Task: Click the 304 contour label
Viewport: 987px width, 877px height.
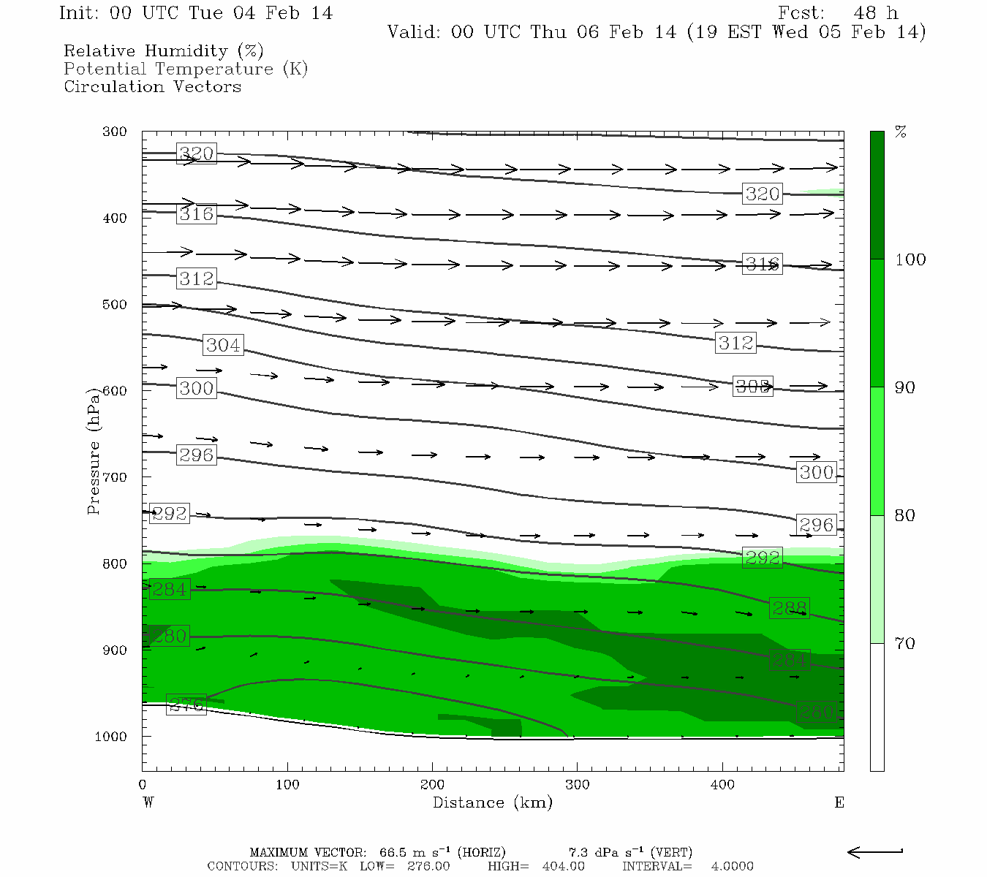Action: [x=223, y=345]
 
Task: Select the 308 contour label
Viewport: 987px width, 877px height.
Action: [x=752, y=387]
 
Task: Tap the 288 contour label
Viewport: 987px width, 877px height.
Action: [x=790, y=608]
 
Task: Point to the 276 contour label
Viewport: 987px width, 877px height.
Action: [x=186, y=705]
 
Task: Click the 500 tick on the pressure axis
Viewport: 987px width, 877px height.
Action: [x=115, y=305]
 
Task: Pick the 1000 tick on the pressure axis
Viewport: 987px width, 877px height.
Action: [x=111, y=737]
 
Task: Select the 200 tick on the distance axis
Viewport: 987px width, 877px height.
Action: [x=432, y=785]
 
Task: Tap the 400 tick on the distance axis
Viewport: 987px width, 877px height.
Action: [x=722, y=785]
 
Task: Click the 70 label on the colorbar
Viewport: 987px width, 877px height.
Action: [x=905, y=644]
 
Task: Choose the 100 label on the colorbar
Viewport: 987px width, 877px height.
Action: [x=910, y=260]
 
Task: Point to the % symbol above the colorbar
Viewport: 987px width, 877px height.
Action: [x=901, y=132]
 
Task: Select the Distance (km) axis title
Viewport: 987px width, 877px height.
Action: [x=493, y=803]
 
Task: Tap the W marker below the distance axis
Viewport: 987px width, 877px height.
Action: [x=148, y=803]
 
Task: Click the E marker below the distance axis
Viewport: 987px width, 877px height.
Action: [x=839, y=803]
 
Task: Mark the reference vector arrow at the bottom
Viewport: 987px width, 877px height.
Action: [x=875, y=851]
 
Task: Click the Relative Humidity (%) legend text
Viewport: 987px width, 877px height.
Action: [x=164, y=51]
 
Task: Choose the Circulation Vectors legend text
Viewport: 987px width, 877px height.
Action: [x=152, y=87]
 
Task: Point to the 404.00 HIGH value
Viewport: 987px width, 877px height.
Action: [x=564, y=866]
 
